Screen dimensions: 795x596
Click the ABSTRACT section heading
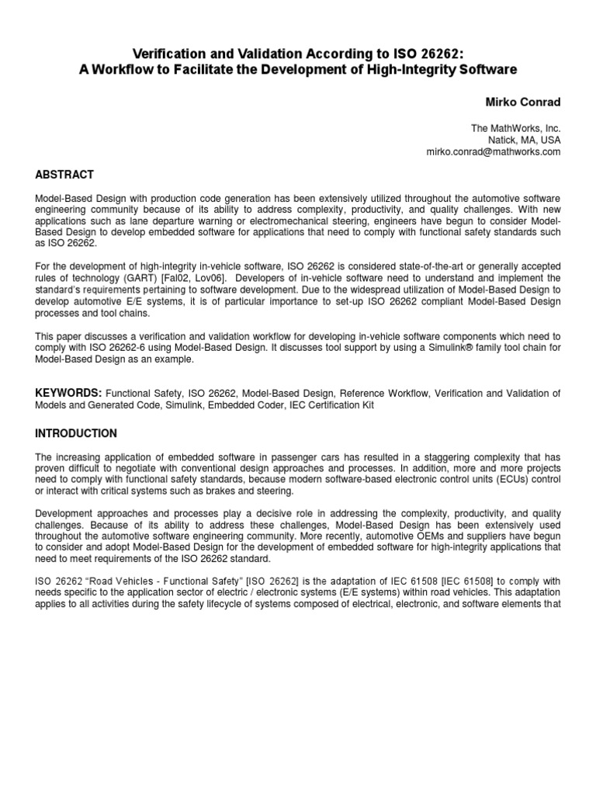64,175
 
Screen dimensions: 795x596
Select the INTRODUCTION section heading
76,433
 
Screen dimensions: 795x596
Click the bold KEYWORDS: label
68,394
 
